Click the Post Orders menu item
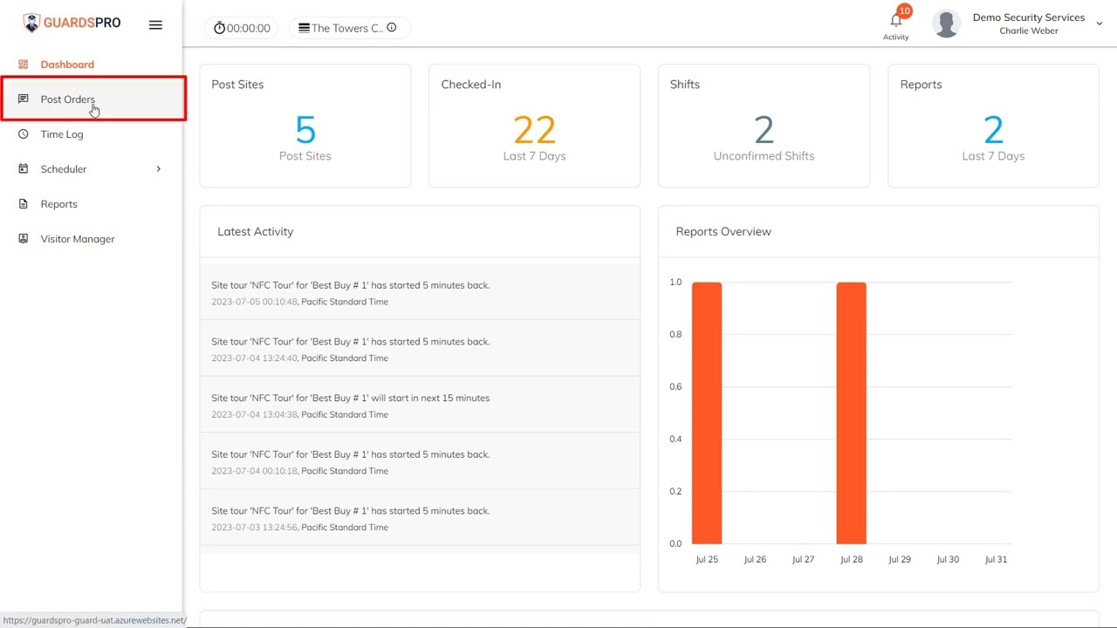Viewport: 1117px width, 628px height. pos(67,99)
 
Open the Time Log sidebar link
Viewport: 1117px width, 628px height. pos(61,134)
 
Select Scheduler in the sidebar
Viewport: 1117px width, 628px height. pos(64,169)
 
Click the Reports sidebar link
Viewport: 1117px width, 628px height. pos(58,204)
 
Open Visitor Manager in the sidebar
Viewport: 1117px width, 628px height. pos(77,239)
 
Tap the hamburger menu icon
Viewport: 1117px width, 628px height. pos(155,25)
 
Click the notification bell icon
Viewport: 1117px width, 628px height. pos(895,21)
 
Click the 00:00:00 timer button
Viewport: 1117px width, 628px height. pos(242,28)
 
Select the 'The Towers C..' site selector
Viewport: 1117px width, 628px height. pos(348,28)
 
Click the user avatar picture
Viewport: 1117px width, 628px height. pos(946,24)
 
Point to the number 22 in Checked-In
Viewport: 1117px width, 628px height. pos(534,131)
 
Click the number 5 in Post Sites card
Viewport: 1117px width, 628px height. pos(305,131)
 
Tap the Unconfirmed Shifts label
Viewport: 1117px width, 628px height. pos(764,156)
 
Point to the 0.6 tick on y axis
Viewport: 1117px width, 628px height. pos(675,386)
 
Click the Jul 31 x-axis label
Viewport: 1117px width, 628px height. pos(996,559)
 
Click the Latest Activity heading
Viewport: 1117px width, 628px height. pos(255,232)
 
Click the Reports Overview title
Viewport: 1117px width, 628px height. pos(723,232)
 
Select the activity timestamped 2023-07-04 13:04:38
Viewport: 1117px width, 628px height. pos(350,406)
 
